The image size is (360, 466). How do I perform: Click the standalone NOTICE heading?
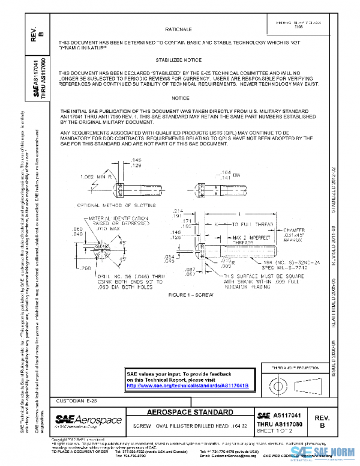click(x=180, y=98)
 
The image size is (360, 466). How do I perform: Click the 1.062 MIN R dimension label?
click(x=97, y=177)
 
